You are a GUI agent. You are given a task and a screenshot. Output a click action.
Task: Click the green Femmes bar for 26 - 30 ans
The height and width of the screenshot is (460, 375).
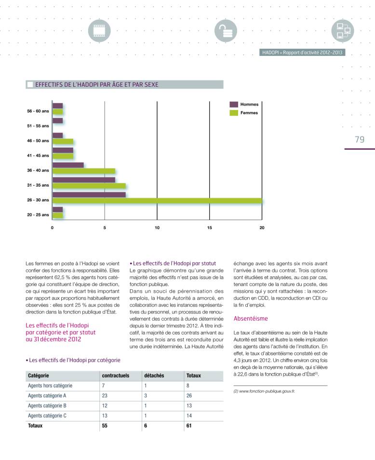[x=157, y=200]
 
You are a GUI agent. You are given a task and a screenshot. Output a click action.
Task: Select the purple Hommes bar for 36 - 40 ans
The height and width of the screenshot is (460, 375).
[x=68, y=165]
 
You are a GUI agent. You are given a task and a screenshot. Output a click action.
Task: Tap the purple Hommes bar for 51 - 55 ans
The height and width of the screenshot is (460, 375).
[x=57, y=121]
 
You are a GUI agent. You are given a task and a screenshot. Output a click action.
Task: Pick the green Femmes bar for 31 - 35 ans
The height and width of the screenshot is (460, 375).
[x=89, y=186]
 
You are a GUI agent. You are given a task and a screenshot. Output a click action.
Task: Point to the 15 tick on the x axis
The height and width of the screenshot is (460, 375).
[x=210, y=227]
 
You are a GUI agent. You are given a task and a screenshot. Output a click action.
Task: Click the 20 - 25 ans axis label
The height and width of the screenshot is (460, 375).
[x=38, y=215]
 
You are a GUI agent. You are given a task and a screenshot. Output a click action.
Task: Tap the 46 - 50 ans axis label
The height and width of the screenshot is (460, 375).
[x=38, y=141]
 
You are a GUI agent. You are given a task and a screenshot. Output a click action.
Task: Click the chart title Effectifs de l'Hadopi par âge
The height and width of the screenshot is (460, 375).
[x=96, y=84]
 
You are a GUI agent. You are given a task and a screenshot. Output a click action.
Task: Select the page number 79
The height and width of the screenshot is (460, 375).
[x=360, y=139]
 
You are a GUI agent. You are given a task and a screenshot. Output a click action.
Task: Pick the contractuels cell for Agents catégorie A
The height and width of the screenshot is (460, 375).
[x=105, y=395]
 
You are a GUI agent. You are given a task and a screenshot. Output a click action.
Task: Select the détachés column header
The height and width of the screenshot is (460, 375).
[x=154, y=375]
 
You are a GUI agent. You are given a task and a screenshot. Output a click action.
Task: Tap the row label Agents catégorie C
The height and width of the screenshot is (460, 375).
[x=47, y=416]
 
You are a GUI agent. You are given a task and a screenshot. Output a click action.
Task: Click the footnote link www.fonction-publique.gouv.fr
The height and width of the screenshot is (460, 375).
[x=264, y=391]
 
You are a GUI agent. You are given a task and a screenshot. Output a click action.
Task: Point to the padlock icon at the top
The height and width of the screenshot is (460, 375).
[x=222, y=31]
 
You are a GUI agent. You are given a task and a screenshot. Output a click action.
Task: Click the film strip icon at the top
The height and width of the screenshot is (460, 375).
[x=99, y=31]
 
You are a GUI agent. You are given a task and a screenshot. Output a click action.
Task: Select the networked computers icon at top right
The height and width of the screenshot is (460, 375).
[x=343, y=31]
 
